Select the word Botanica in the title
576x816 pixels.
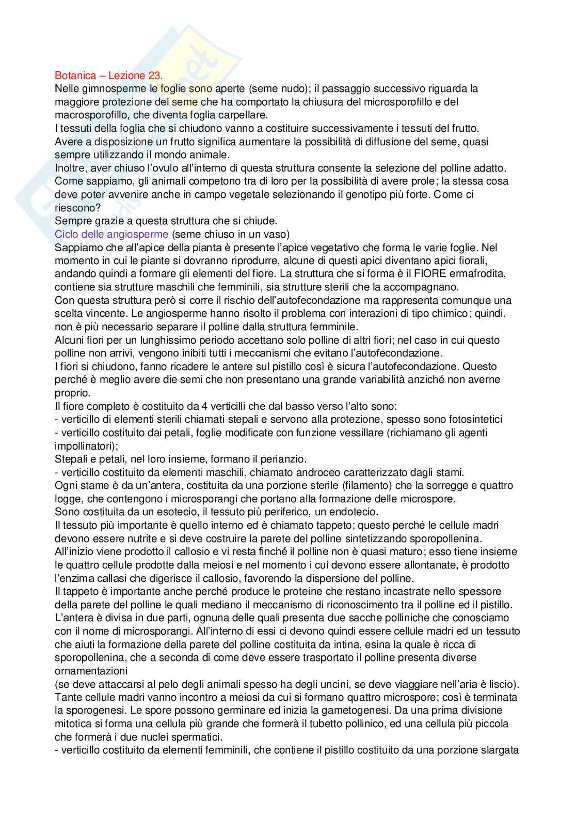coord(75,75)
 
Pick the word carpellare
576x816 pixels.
coord(244,115)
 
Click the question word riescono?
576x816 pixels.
coord(77,208)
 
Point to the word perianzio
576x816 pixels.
coord(282,459)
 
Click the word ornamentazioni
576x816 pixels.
coord(91,671)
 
